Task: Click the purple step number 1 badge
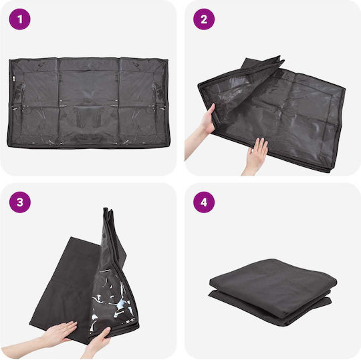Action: (x=20, y=19)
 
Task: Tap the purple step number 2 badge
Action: (x=204, y=19)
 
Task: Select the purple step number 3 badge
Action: (x=20, y=202)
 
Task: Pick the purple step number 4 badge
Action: (x=204, y=202)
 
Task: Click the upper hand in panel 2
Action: (x=206, y=124)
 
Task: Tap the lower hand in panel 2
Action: (x=255, y=156)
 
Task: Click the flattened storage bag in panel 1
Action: (x=88, y=102)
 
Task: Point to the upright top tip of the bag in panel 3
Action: (x=106, y=209)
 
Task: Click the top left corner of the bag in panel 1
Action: (x=10, y=60)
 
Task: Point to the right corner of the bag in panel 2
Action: (x=344, y=89)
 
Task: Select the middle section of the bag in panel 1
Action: (x=89, y=102)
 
